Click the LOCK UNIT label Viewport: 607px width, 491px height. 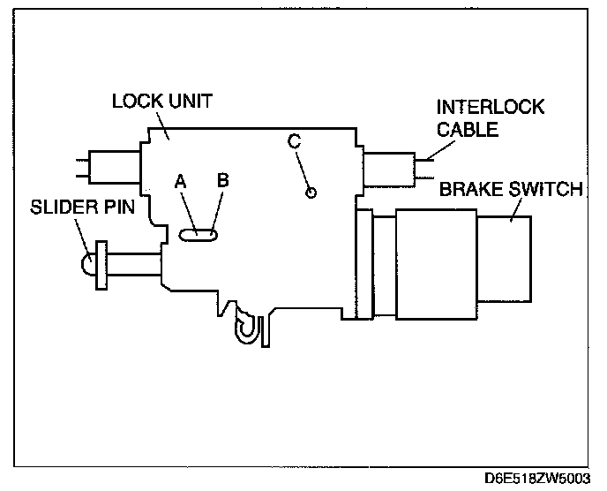click(161, 99)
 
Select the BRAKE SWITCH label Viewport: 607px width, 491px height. click(511, 188)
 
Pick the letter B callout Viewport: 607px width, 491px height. click(223, 179)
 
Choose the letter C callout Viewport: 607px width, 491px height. click(295, 140)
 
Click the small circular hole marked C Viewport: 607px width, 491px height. click(310, 193)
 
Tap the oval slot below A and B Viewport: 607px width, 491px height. click(200, 235)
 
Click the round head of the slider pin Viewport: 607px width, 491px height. click(88, 263)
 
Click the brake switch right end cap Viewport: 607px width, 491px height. click(520, 259)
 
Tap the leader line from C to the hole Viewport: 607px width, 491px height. click(303, 168)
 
